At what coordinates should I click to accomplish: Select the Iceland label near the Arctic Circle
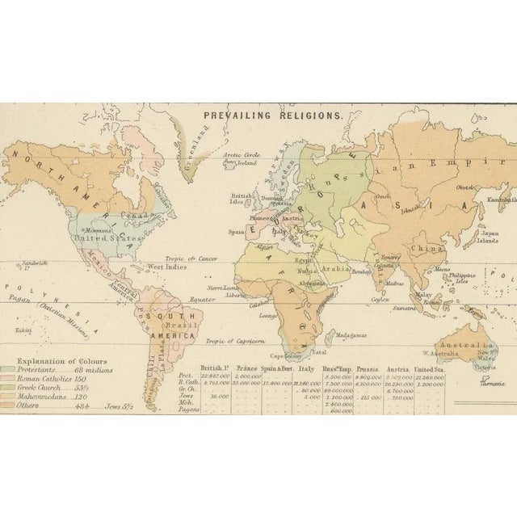pyautogui.click(x=229, y=163)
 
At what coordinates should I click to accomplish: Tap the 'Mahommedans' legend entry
pyautogui.click(x=44, y=397)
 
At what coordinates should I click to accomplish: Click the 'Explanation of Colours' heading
pyautogui.click(x=49, y=360)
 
